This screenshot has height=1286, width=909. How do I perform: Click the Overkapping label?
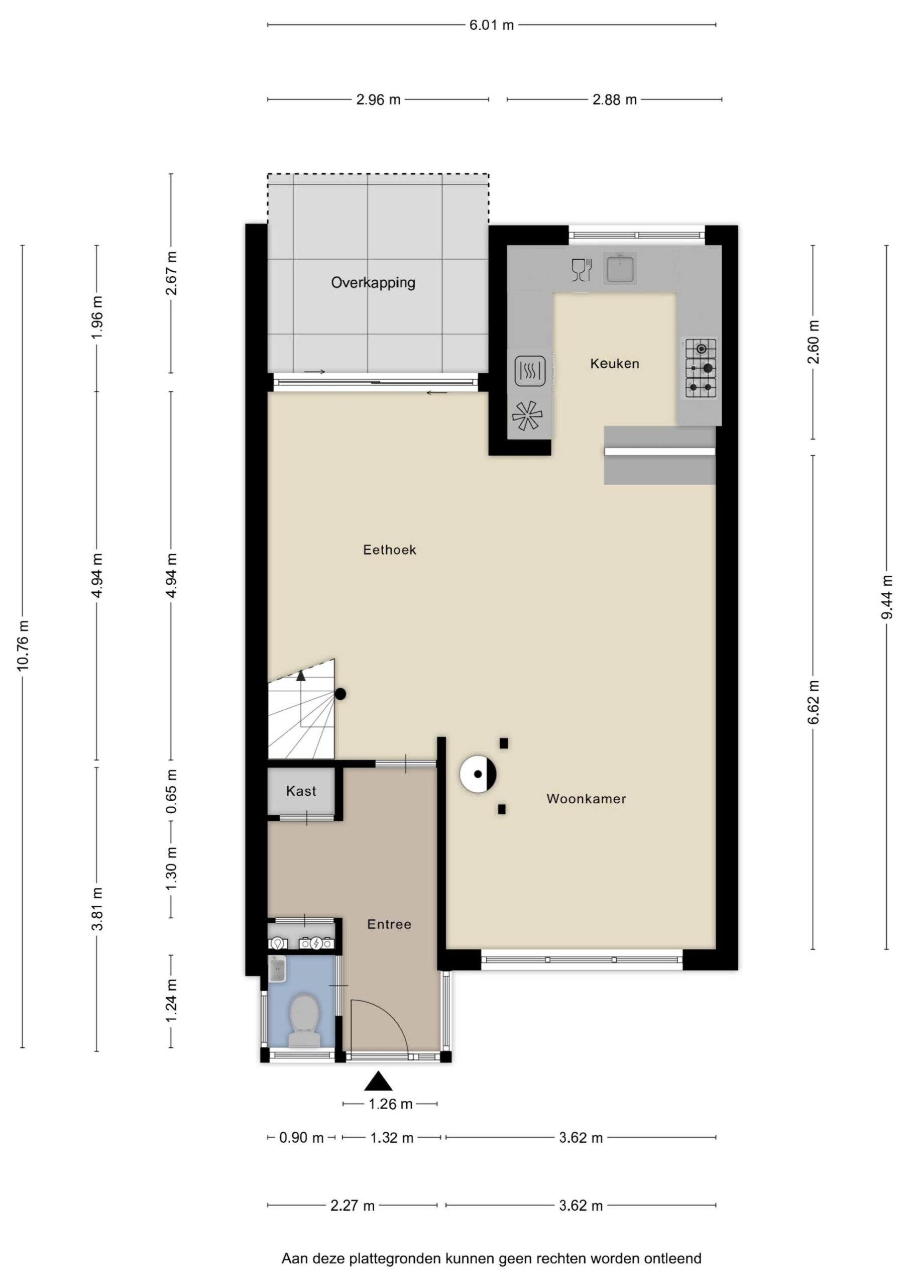(x=373, y=282)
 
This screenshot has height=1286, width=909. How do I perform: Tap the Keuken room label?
(x=614, y=364)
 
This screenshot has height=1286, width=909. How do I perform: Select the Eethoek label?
(x=389, y=550)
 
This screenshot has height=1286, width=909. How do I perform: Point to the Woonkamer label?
(x=586, y=799)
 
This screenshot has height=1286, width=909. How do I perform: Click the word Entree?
(x=389, y=924)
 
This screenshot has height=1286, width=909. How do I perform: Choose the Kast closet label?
(x=301, y=791)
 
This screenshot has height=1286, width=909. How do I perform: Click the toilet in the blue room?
(x=304, y=1020)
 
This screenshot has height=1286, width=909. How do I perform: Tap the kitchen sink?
(x=620, y=268)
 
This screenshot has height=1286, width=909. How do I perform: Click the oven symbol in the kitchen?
(x=530, y=371)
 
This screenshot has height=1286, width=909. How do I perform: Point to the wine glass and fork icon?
(x=582, y=269)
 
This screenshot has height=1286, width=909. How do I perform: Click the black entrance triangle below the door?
(x=379, y=1081)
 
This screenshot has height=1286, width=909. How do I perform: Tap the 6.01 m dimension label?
(x=491, y=25)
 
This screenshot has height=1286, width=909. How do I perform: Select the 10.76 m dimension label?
(x=23, y=645)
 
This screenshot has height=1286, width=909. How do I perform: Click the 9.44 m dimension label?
(x=886, y=597)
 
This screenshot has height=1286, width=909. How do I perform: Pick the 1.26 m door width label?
(x=390, y=1104)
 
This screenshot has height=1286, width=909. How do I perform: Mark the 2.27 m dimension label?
(x=352, y=1205)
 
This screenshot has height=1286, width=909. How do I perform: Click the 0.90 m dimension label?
(x=301, y=1138)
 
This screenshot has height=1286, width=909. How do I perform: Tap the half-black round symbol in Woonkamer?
(x=478, y=774)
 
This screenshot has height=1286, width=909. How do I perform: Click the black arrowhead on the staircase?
(x=301, y=676)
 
